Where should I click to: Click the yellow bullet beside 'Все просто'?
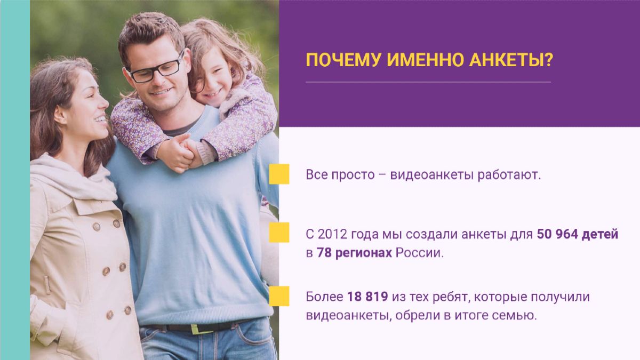pyautogui.click(x=279, y=174)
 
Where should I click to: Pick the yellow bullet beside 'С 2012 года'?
pyautogui.click(x=279, y=233)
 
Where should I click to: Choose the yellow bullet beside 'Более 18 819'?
pyautogui.click(x=279, y=296)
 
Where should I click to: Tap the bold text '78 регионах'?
pyautogui.click(x=354, y=253)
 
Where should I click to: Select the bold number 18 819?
pyautogui.click(x=367, y=297)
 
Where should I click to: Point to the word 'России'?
pyautogui.click(x=420, y=253)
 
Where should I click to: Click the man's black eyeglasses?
pyautogui.click(x=156, y=69)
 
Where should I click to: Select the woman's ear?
pyautogui.click(x=60, y=115)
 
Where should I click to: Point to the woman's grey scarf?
pyautogui.click(x=73, y=177)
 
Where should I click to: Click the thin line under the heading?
pyautogui.click(x=428, y=82)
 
